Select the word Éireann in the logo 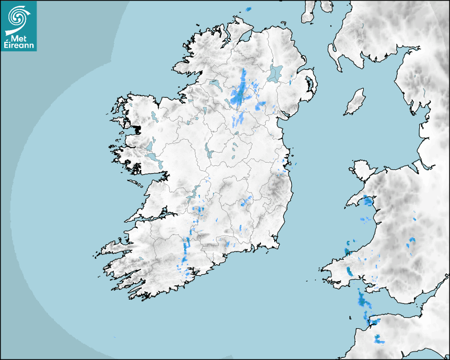[x=19, y=46]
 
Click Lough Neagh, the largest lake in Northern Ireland [x=275, y=73]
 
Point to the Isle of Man [x=355, y=102]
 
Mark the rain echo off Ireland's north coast [x=248, y=9]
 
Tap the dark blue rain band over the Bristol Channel [x=363, y=301]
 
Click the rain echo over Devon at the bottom [x=380, y=339]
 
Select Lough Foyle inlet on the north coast [x=245, y=38]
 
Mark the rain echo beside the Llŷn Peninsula [x=367, y=201]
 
